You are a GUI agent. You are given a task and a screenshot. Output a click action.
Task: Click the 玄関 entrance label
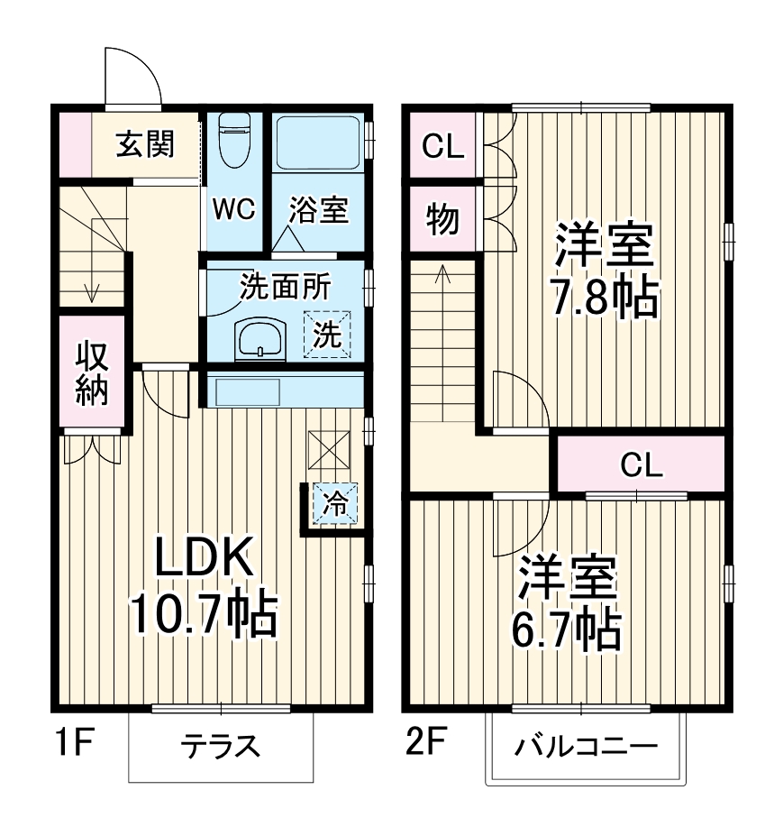point(145,144)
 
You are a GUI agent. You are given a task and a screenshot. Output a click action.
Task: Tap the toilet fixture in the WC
point(234,139)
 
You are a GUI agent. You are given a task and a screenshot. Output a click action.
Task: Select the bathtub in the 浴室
point(317,142)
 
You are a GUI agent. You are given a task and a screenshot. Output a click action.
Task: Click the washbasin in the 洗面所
point(260,338)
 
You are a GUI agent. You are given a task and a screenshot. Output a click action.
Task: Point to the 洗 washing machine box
point(327,335)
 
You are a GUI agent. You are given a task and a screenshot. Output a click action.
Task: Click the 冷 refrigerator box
point(335,503)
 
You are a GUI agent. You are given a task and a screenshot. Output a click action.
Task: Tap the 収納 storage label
point(92,373)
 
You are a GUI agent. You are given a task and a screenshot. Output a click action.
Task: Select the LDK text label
point(203,556)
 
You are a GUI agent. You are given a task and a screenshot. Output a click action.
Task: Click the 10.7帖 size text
point(203,614)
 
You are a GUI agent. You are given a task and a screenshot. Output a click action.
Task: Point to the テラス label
point(220,746)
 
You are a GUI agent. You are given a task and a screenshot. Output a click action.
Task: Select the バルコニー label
point(585,747)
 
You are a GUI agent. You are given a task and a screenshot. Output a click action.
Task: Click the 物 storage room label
point(442,219)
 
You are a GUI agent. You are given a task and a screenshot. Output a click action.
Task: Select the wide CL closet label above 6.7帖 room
point(642,465)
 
